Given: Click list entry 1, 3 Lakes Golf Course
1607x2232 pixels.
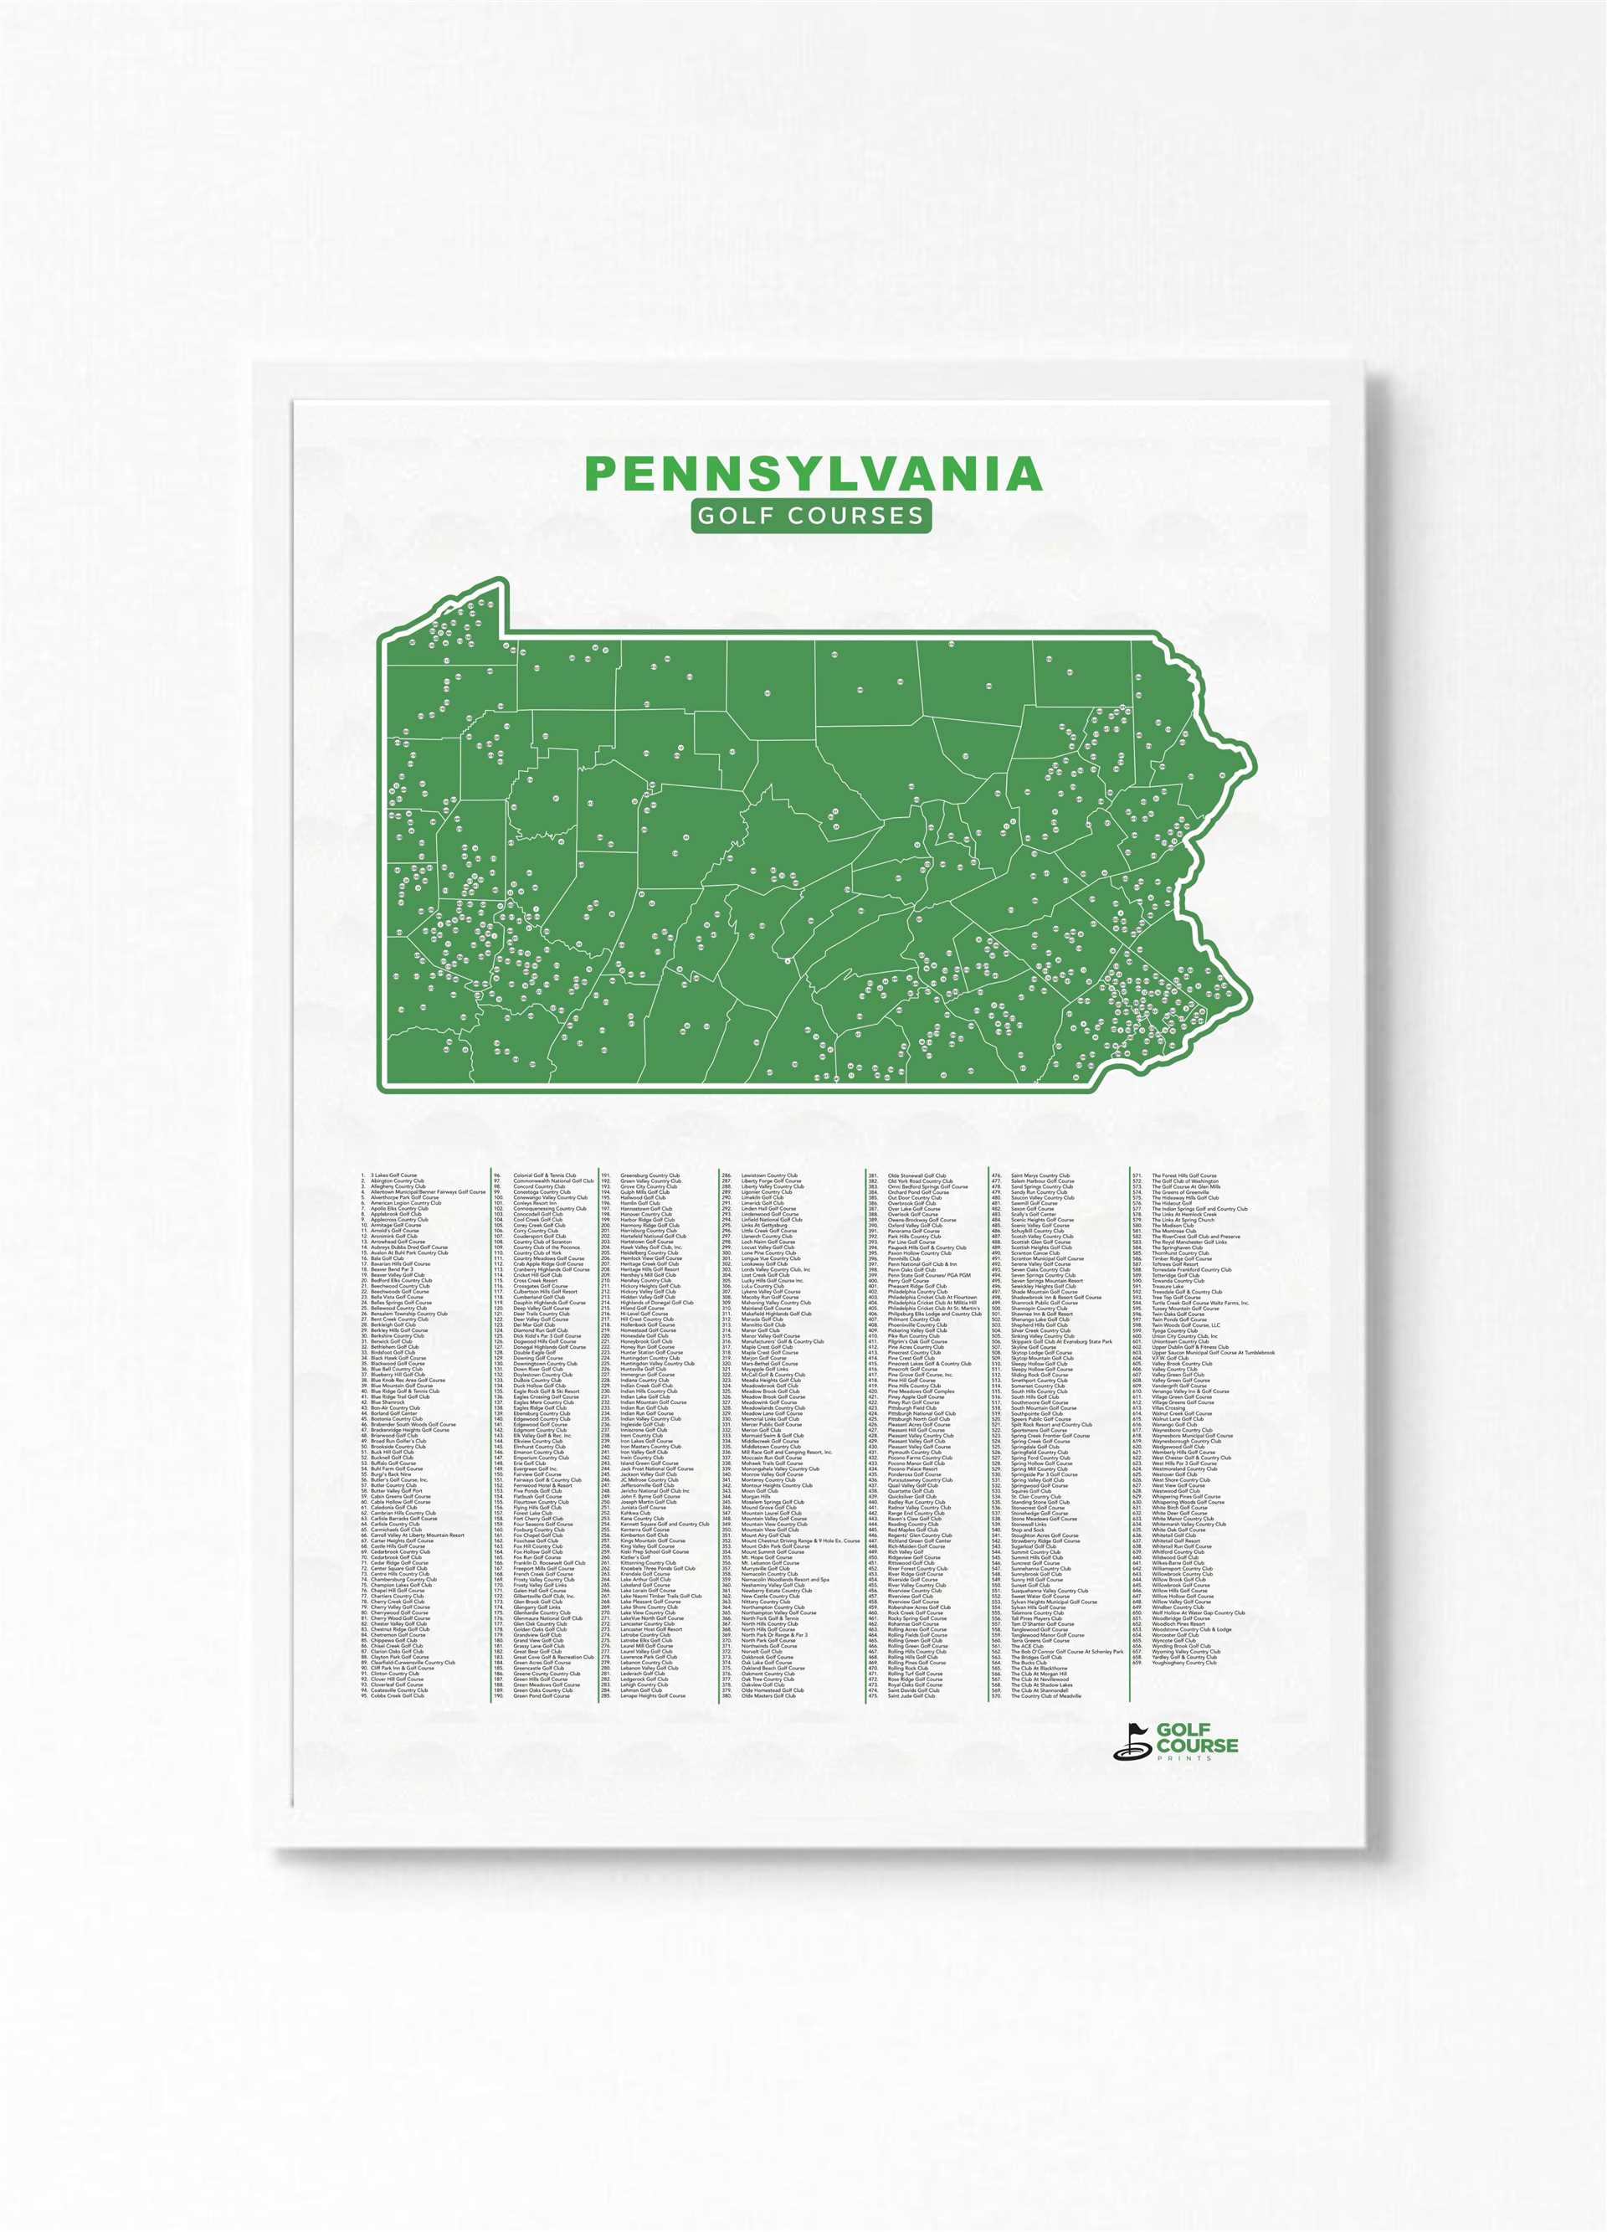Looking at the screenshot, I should pos(393,1175).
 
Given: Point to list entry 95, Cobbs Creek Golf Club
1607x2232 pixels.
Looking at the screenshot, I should pos(398,1695).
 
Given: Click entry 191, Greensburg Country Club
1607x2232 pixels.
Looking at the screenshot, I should pos(649,1175).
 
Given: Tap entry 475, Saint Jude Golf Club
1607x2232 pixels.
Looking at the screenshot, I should pos(911,1695).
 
